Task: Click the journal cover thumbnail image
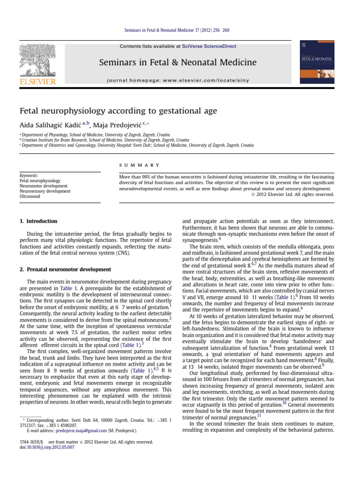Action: tap(320, 64)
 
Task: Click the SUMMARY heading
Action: tap(140, 165)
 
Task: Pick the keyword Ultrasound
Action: tap(30, 196)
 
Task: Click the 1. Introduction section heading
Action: tap(38, 221)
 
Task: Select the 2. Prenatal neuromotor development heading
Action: tap(65, 270)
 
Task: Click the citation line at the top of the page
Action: tap(180, 31)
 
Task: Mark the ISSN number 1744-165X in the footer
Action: tap(30, 442)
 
